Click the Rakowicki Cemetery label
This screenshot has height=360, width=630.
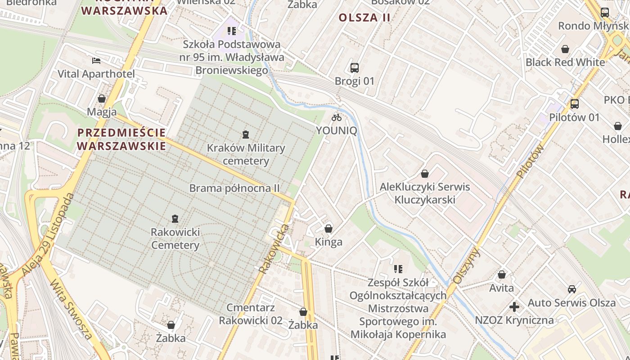[175, 239]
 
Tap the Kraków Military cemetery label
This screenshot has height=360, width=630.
[246, 154]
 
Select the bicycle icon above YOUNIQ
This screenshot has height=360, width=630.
[337, 117]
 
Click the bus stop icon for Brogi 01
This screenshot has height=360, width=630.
[355, 68]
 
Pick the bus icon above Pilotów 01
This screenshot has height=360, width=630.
[574, 104]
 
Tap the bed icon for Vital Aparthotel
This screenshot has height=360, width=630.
[96, 61]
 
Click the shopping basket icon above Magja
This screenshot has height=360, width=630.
[102, 99]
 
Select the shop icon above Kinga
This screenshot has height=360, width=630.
[328, 229]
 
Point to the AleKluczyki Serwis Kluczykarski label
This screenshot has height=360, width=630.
[425, 193]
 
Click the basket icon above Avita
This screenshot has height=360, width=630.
[502, 274]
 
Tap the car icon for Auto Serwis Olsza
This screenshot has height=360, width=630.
[571, 289]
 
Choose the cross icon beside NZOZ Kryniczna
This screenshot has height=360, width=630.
[514, 307]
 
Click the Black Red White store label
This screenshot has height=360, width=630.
[565, 62]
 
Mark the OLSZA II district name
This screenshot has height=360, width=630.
[364, 18]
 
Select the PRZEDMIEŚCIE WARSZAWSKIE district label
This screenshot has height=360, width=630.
[121, 139]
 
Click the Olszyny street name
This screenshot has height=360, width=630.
[467, 266]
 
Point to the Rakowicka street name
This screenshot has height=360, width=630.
[274, 248]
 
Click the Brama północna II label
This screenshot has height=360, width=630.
[234, 188]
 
